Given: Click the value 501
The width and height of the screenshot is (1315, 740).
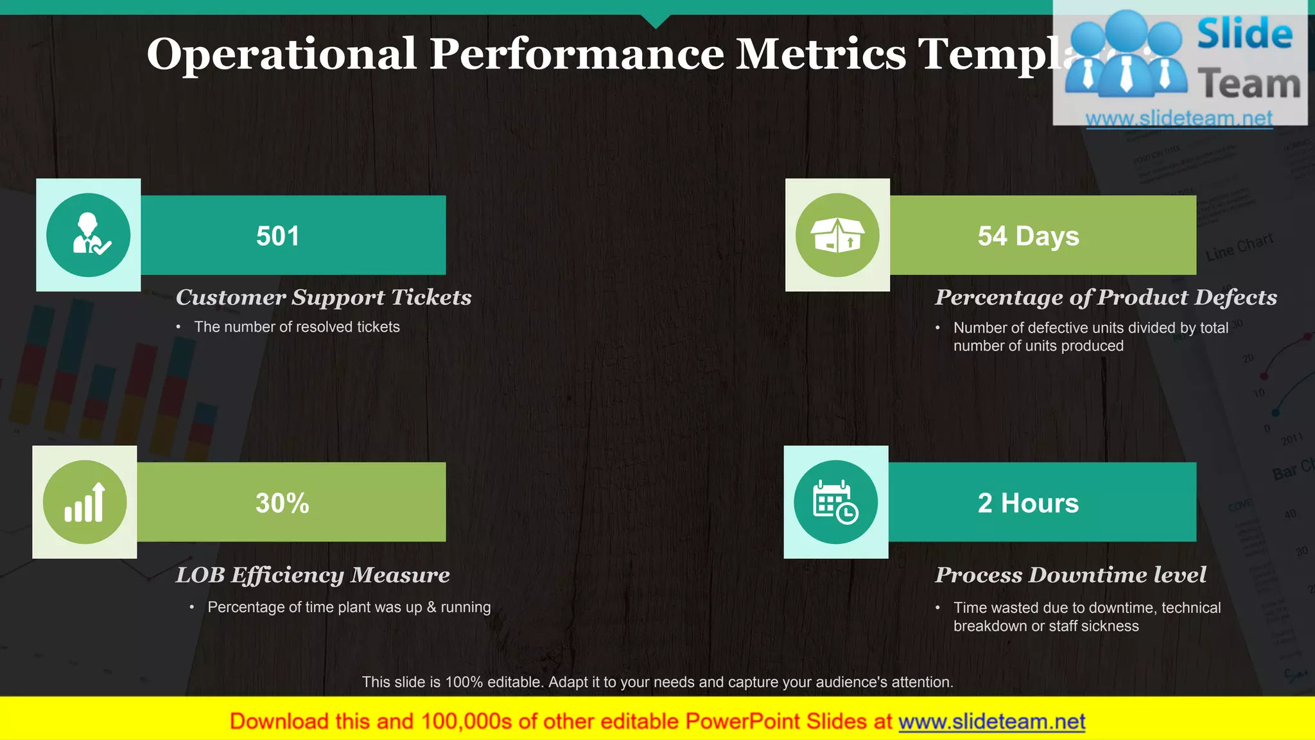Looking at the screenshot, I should pyautogui.click(x=277, y=236).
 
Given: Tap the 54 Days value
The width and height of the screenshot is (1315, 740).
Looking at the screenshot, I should pyautogui.click(x=1028, y=236).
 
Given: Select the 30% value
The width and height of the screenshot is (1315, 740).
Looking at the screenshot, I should pyautogui.click(x=282, y=503).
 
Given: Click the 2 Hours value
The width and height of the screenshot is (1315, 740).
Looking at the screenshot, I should pyautogui.click(x=1028, y=503).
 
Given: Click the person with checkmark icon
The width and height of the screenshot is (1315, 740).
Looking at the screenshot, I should pyautogui.click(x=89, y=235).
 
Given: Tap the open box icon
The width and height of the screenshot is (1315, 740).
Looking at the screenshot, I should pyautogui.click(x=837, y=235).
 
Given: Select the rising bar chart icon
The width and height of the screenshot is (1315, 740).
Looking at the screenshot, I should pyautogui.click(x=85, y=502).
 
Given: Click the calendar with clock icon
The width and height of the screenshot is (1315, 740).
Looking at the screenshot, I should pyautogui.click(x=835, y=502).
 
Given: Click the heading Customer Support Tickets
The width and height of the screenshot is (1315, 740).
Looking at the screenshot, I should pyautogui.click(x=324, y=297).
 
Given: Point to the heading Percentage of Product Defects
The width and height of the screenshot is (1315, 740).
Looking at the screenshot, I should pyautogui.click(x=1106, y=297).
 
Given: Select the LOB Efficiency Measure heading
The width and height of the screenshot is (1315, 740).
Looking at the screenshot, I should pyautogui.click(x=313, y=575).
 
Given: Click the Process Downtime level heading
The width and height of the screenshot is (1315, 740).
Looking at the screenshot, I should pyautogui.click(x=1070, y=575).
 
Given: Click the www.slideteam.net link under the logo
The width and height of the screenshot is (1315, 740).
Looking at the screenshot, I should pyautogui.click(x=1179, y=118).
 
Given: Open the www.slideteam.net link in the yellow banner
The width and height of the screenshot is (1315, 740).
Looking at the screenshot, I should pyautogui.click(x=991, y=721).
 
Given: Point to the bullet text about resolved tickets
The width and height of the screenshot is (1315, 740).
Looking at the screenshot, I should pyautogui.click(x=297, y=327).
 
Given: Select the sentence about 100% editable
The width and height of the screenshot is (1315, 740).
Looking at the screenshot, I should pyautogui.click(x=657, y=682).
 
